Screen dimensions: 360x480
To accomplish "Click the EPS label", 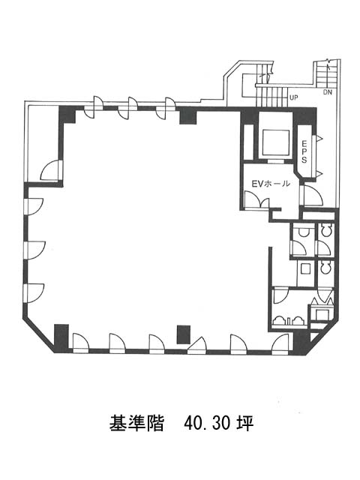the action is click(304, 151).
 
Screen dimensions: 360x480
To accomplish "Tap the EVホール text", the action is click(271, 184).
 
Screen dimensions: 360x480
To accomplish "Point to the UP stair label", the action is click(293, 98).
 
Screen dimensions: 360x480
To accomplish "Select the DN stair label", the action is click(328, 92).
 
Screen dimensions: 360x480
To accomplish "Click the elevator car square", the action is click(276, 142).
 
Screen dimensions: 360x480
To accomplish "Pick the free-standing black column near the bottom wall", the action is click(184, 334).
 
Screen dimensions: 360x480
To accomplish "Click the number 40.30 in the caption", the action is click(207, 423).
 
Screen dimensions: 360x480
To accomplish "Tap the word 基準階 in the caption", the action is click(136, 423).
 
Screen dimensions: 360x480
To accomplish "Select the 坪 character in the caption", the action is click(245, 423).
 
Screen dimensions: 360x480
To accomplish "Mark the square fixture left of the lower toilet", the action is click(305, 268).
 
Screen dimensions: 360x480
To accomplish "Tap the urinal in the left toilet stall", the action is click(304, 232).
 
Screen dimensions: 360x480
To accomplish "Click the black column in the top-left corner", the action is click(67, 115).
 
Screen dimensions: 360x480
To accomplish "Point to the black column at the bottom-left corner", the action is click(61, 338).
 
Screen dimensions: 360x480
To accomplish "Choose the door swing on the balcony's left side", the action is click(52, 171).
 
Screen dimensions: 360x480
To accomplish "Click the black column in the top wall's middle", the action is click(187, 115).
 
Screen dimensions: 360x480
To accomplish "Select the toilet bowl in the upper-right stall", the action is click(325, 231).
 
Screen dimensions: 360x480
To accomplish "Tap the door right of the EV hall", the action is click(312, 196).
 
